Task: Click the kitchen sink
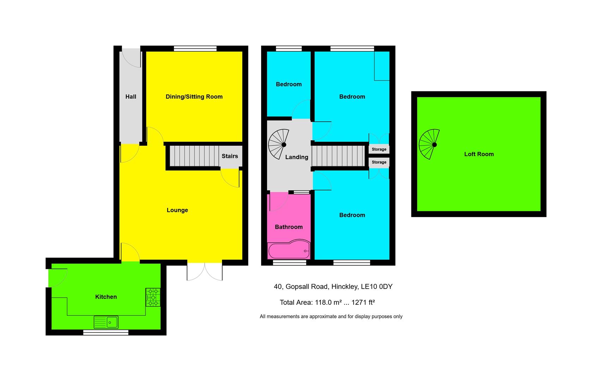pos(106,322)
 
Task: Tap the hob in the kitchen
pos(153,297)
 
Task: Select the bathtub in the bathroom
pos(289,250)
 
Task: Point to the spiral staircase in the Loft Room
pos(430,144)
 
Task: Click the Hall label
pos(131,97)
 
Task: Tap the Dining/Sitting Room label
pos(194,97)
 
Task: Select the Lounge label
pos(177,210)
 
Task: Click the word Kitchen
pos(106,297)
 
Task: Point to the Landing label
pos(297,157)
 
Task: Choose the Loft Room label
pos(479,154)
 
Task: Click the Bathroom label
pos(289,227)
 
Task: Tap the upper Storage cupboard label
pos(379,149)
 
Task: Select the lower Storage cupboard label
pos(379,162)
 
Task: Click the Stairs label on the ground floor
pos(230,156)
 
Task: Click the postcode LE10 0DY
pos(376,287)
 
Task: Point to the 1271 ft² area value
pos(363,302)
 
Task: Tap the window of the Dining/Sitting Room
pos(195,49)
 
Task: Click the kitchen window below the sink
pos(106,332)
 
